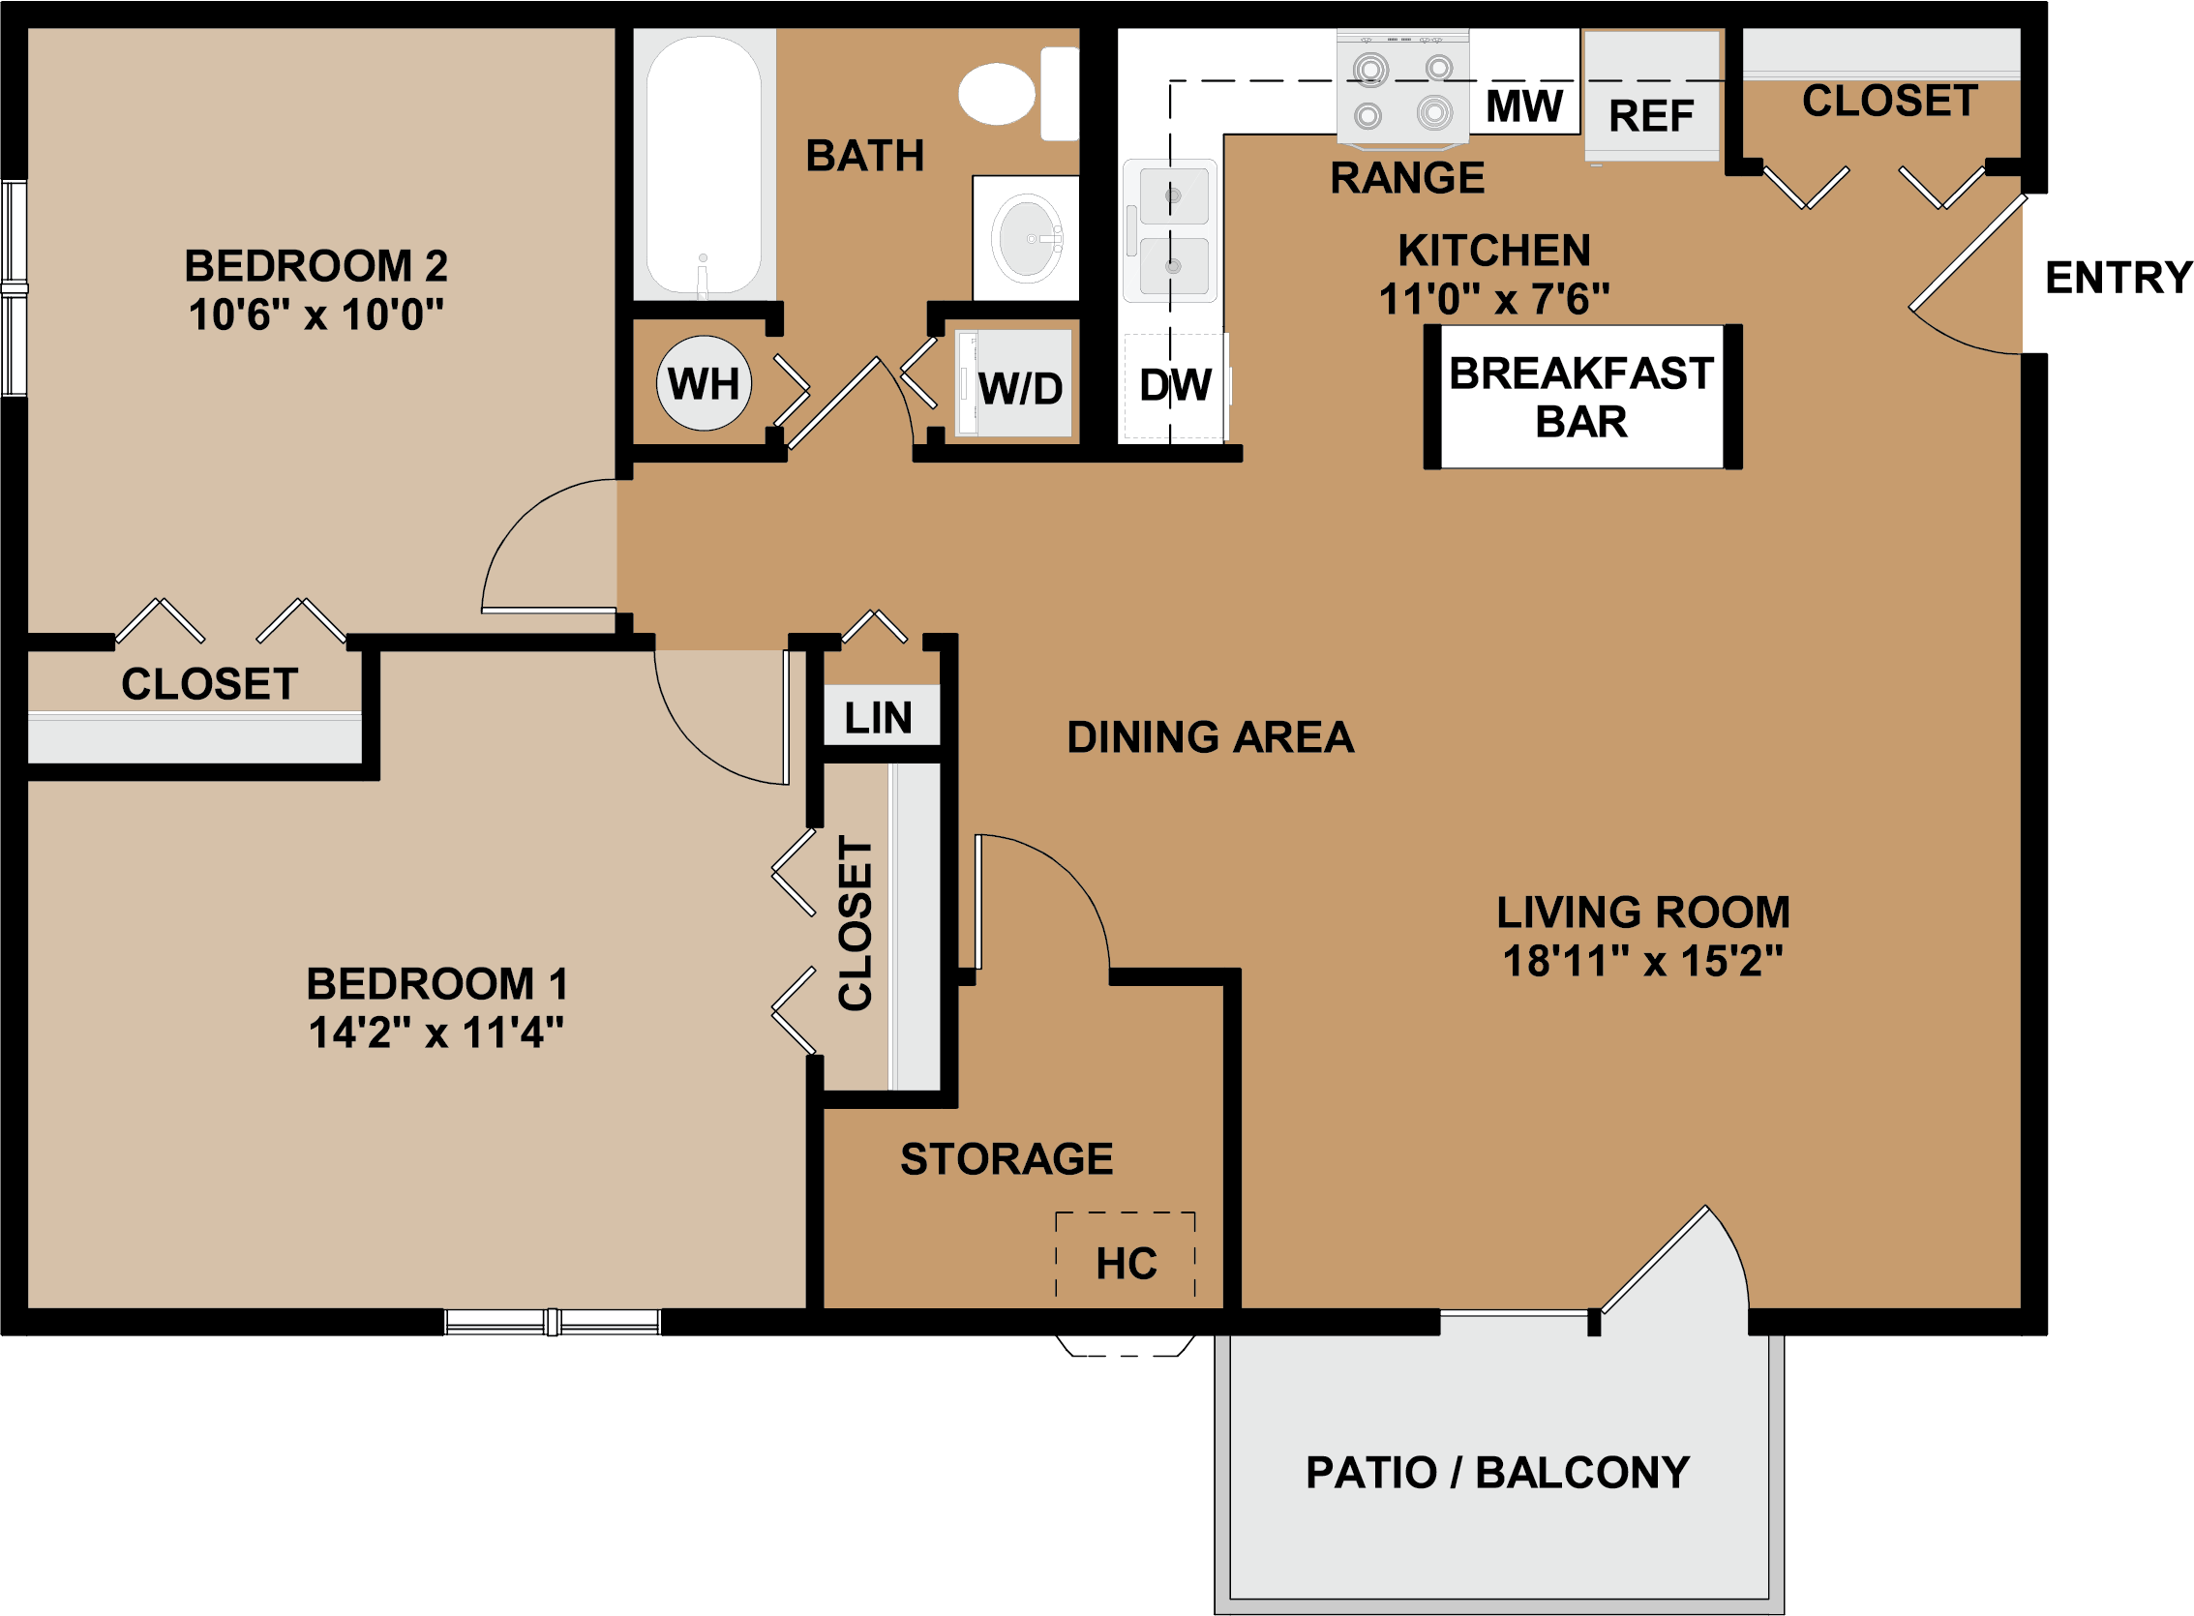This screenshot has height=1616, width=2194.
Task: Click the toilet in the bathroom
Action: [1017, 94]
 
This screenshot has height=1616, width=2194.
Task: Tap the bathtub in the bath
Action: [705, 165]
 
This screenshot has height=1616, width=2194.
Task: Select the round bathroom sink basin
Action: [1027, 238]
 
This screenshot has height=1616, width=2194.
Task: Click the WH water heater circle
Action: [705, 382]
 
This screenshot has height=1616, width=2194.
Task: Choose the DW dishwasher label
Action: [1175, 385]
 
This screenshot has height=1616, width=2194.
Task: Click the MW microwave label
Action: [1524, 105]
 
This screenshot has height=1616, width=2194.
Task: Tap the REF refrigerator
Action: [1652, 96]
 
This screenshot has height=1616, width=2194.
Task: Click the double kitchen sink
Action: [1171, 231]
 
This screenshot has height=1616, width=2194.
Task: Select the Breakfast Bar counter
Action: [1581, 396]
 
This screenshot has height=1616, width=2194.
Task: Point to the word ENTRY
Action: [2119, 278]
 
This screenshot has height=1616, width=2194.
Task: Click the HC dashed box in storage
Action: [1126, 1255]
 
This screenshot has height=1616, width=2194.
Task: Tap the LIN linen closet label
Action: [879, 719]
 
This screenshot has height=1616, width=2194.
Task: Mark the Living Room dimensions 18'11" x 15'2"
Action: [1643, 962]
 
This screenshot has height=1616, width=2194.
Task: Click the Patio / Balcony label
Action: [1497, 1472]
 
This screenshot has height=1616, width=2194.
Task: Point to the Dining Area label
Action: [1211, 737]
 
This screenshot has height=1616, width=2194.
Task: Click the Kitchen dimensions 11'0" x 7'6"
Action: [1494, 299]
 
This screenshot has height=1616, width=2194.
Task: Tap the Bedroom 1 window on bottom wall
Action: [553, 1323]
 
